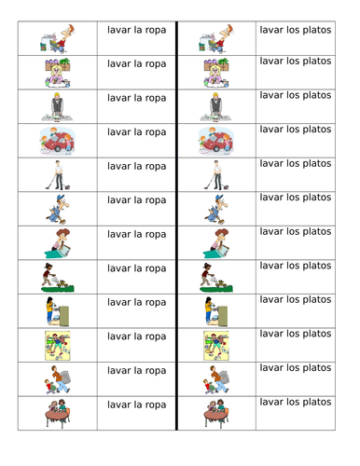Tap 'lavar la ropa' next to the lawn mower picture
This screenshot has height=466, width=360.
click(x=137, y=268)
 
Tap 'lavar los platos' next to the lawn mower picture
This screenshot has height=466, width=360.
click(x=295, y=266)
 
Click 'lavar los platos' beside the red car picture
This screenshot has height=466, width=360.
click(x=295, y=129)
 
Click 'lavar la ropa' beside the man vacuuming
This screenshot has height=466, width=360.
click(x=137, y=166)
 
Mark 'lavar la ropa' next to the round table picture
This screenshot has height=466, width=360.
click(x=137, y=404)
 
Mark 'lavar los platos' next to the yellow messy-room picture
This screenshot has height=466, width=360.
click(x=295, y=333)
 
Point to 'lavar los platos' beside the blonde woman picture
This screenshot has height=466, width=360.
click(x=295, y=61)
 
